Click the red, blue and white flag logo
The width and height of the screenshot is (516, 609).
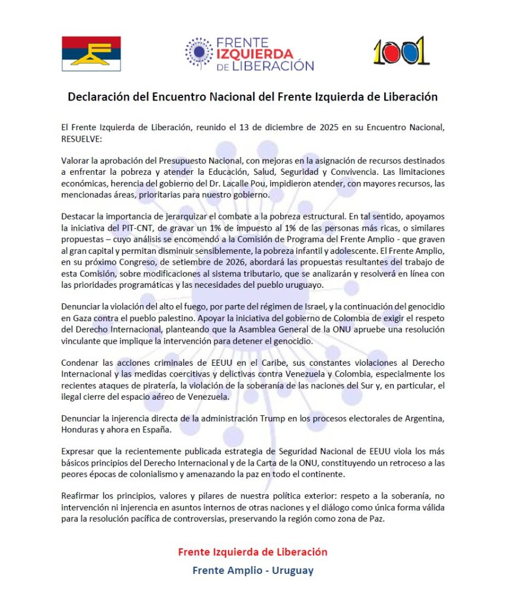91,54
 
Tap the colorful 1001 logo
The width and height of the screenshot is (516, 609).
401,52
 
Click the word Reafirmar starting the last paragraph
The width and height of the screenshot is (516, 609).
81,495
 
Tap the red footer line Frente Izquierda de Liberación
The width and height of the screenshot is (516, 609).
252,552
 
